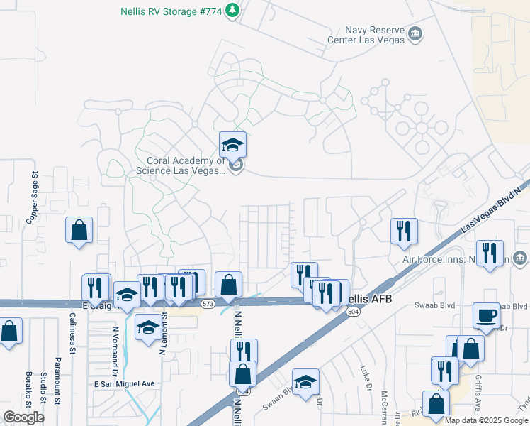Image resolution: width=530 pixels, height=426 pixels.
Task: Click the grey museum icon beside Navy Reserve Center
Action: (416, 33)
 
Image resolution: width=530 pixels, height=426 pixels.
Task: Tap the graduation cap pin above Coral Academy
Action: (232, 146)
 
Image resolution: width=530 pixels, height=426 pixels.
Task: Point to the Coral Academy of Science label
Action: (186, 165)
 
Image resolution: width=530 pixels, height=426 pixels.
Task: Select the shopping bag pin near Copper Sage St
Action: (79, 230)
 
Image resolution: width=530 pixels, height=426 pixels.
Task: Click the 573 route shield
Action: (208, 303)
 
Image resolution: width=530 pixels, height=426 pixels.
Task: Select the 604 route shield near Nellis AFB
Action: (352, 311)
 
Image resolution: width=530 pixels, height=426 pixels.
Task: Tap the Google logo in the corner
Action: (23, 417)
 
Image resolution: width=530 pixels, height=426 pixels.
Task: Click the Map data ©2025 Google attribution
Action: (485, 420)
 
